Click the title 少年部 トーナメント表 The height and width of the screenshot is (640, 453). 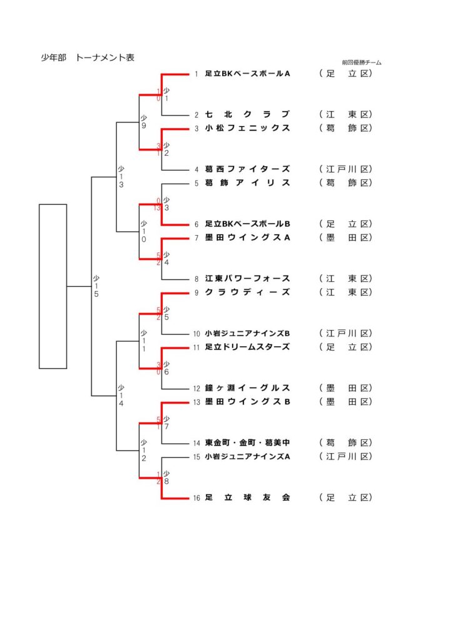pos(88,58)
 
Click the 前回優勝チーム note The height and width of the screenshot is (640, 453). pos(362,62)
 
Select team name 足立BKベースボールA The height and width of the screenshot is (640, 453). pos(248,74)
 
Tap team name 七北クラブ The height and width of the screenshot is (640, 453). pos(248,114)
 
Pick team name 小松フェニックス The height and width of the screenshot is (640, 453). pos(248,128)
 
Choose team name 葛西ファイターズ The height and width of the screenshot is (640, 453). pos(248,169)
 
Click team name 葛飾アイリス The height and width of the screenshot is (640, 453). pos(248,183)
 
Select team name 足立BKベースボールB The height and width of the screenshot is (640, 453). pos(248,224)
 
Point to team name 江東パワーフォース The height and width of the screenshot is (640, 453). pos(248,279)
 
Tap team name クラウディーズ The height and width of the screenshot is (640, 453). pos(248,292)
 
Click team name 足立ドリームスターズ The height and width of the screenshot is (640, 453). pos(248,347)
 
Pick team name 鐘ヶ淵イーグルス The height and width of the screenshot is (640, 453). pos(248,388)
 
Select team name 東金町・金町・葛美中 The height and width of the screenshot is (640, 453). pos(248,442)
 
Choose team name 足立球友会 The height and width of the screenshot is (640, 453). pos(248,497)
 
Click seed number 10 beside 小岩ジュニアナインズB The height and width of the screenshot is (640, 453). pos(196,334)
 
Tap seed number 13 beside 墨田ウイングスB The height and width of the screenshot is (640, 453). pos(196,402)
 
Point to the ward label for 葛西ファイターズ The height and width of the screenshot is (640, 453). pos(345,169)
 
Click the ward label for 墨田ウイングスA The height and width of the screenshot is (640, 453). pos(345,237)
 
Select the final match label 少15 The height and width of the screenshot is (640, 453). pos(96,286)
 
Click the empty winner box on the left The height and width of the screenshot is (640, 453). pos(53,286)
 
